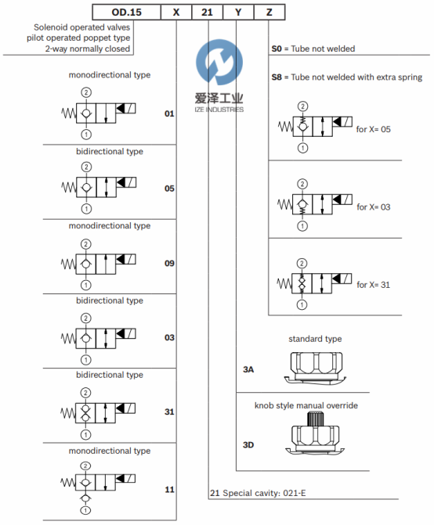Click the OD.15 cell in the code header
(x=127, y=13)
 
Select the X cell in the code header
(x=176, y=13)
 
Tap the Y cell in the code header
(x=238, y=13)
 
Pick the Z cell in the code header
(x=269, y=13)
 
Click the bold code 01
(x=169, y=113)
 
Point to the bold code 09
(x=169, y=264)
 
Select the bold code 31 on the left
(x=169, y=412)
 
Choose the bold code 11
(x=169, y=490)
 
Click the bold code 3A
(x=248, y=369)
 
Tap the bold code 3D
(x=248, y=445)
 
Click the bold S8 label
(x=277, y=77)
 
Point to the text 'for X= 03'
(x=374, y=207)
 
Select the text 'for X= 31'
(x=374, y=285)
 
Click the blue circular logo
(x=219, y=62)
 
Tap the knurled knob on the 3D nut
(x=314, y=419)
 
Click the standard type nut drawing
(x=315, y=368)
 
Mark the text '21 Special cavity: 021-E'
(x=258, y=493)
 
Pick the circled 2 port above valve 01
(x=86, y=92)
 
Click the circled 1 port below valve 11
(x=85, y=510)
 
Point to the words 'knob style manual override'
(x=306, y=405)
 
